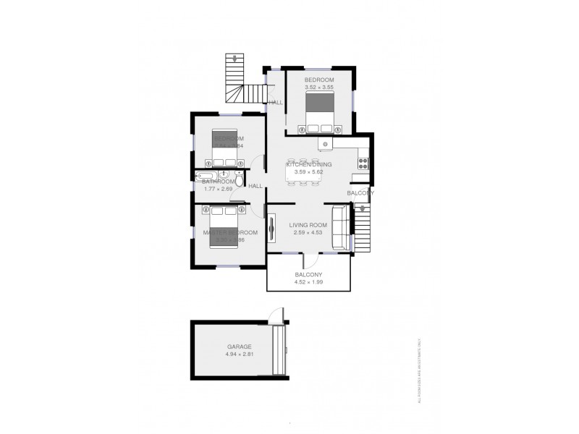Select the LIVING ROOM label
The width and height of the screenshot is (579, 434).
pos(310,225)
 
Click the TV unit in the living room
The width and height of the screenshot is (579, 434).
pos(272,229)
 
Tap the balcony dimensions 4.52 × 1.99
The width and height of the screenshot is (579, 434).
pos(309,282)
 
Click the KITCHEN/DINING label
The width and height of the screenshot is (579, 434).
pos(309,165)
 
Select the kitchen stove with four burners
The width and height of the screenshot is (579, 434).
pos(364,163)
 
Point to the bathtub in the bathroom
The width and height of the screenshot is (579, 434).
pos(206,176)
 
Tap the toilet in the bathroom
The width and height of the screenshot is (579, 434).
pos(239,175)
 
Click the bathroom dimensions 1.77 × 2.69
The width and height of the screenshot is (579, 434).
pos(219,190)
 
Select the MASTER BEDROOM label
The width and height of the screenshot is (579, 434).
pos(229,232)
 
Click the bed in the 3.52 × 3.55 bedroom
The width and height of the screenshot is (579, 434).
pos(320,114)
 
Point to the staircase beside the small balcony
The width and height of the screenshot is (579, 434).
pos(363,227)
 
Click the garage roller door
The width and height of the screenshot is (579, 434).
pos(279,350)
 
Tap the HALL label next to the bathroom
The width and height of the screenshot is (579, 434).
pos(255,187)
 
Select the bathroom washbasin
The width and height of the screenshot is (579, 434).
pos(224,175)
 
